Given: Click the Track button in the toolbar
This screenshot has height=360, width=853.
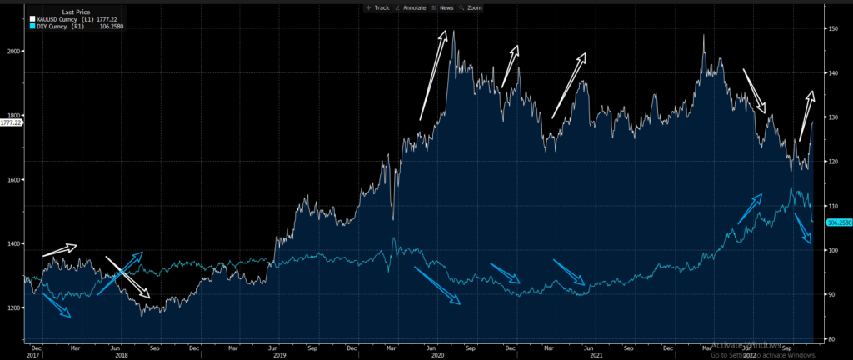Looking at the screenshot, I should [x=378, y=7].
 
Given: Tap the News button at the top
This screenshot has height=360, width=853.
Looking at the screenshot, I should [x=446, y=7].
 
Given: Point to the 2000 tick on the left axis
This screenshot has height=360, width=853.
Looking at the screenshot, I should [x=14, y=51].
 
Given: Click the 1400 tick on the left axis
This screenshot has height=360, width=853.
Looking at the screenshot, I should [x=14, y=243].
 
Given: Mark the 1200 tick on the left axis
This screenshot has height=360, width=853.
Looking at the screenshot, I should [x=14, y=307].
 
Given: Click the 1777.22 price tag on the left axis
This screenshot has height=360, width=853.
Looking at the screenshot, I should [x=12, y=122].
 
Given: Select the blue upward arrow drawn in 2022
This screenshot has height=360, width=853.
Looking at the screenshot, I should [x=750, y=208].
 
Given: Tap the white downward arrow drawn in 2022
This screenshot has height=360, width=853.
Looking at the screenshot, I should [x=754, y=91].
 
